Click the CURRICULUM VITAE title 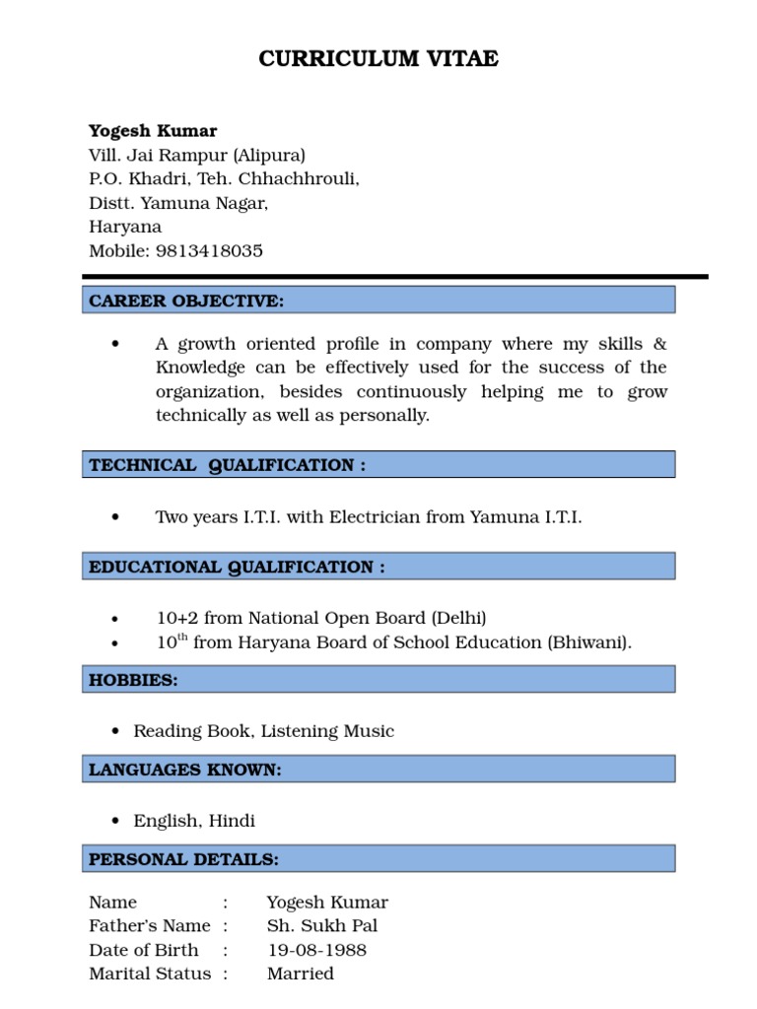pyautogui.click(x=378, y=59)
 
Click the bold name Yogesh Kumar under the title pyautogui.click(x=153, y=131)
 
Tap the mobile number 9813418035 pyautogui.click(x=210, y=250)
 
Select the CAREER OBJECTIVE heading pyautogui.click(x=186, y=301)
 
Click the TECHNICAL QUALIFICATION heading pyautogui.click(x=227, y=465)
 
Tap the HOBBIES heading pyautogui.click(x=133, y=680)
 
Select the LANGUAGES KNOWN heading pyautogui.click(x=185, y=770)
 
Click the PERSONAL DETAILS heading pyautogui.click(x=183, y=859)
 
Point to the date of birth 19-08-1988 pyautogui.click(x=316, y=950)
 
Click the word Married pyautogui.click(x=300, y=974)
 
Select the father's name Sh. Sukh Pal pyautogui.click(x=321, y=926)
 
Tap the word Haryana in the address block pyautogui.click(x=125, y=227)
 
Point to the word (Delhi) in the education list pyautogui.click(x=458, y=618)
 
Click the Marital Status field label pyautogui.click(x=150, y=974)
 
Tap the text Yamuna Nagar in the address pyautogui.click(x=204, y=203)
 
